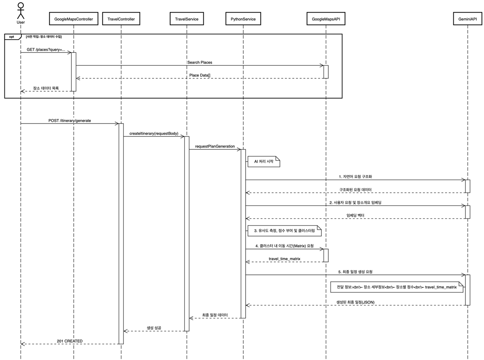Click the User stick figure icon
[x=21, y=10]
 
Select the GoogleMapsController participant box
[x=74, y=19]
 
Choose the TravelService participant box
[x=187, y=19]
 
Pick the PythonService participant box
[x=243, y=19]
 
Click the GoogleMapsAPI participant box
[x=326, y=19]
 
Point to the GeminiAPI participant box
[x=467, y=19]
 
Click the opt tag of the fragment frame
[x=12, y=37]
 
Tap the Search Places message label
[x=199, y=63]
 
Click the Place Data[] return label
[x=200, y=75]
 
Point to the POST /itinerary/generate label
[x=69, y=121]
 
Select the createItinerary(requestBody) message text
[x=154, y=133]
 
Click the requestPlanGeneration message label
[x=215, y=147]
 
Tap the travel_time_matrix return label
[x=284, y=259]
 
